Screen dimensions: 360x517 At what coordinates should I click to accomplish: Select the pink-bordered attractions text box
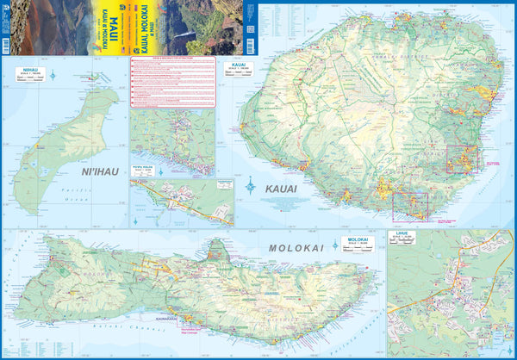(x=171, y=82)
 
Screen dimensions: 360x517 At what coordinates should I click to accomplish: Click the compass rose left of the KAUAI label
(x=250, y=183)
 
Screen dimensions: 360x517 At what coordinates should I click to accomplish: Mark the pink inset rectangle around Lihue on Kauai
(x=462, y=159)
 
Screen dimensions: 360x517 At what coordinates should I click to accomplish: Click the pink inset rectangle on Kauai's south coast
(x=409, y=206)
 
